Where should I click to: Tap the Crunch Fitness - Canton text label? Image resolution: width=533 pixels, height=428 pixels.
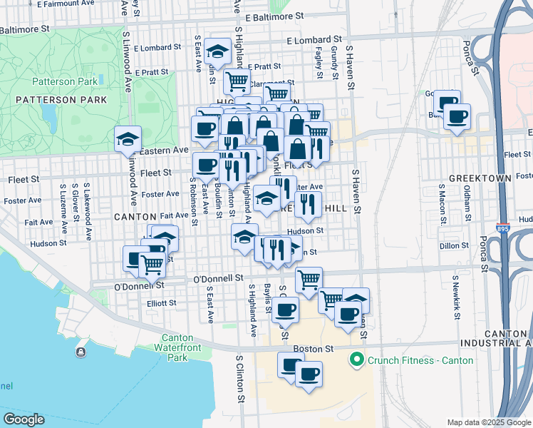click(x=420, y=360)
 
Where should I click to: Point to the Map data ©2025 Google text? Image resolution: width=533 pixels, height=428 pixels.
click(x=489, y=422)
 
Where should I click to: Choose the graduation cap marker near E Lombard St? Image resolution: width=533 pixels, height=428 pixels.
click(x=216, y=51)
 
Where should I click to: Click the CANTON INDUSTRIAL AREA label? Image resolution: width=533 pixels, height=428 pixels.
click(x=505, y=339)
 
